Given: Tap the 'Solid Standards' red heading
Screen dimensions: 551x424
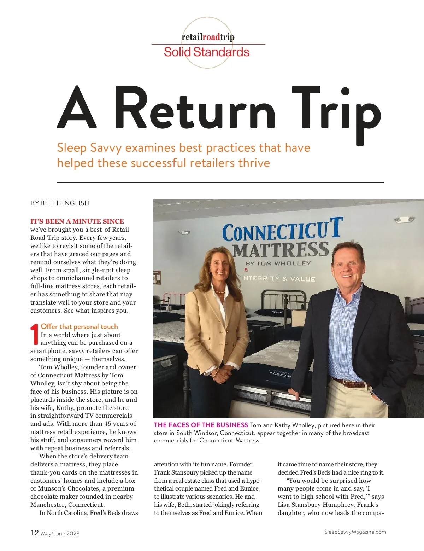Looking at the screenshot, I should click(206, 52).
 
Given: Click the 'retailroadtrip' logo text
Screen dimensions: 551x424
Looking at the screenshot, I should click(208, 37).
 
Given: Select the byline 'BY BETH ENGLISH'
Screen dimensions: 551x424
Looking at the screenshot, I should click(60, 203).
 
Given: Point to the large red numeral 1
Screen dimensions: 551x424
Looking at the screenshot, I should click(35, 334).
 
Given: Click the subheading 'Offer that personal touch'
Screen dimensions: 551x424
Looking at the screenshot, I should click(79, 326).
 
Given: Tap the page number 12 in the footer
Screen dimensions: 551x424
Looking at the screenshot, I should click(35, 533).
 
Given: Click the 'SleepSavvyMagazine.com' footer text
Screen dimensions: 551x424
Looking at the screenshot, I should click(355, 532).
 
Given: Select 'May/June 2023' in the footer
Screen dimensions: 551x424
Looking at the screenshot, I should click(60, 534).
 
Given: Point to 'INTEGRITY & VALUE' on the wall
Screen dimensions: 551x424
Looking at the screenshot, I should click(278, 279).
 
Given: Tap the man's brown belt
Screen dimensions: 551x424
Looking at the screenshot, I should click(350, 383).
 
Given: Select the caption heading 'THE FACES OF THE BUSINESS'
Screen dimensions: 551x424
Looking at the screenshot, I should click(201, 425).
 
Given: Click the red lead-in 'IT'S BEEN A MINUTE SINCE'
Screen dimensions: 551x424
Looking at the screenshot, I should click(77, 221).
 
